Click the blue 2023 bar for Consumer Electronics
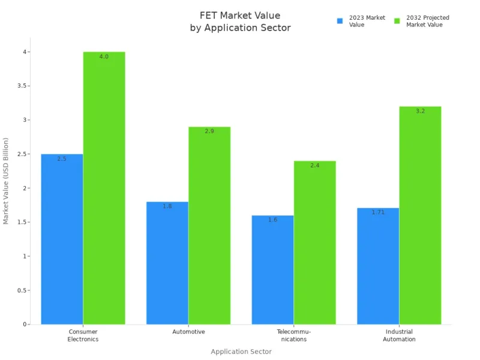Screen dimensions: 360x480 tap(62, 240)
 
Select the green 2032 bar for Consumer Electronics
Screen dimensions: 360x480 tap(104, 189)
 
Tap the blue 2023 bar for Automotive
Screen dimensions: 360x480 tap(167, 264)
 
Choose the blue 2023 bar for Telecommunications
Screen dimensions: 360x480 tap(272, 270)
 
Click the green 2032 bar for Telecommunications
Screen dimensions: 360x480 tap(314, 243)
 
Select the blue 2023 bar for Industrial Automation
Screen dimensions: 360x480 tap(378, 267)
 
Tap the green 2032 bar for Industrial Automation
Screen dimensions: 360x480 tap(420, 216)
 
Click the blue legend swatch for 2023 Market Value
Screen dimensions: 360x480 tap(340, 21)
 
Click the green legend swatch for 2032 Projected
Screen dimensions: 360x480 tap(397, 21)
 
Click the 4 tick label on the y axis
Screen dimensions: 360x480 tap(25, 52)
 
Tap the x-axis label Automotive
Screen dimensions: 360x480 tap(188, 332)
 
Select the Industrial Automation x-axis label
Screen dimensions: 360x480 tap(399, 335)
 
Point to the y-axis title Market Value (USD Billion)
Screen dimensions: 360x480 tap(7, 180)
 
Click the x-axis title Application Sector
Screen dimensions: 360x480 tap(241, 352)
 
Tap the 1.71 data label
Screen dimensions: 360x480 tap(378, 212)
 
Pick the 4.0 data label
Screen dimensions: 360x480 tap(104, 56)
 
